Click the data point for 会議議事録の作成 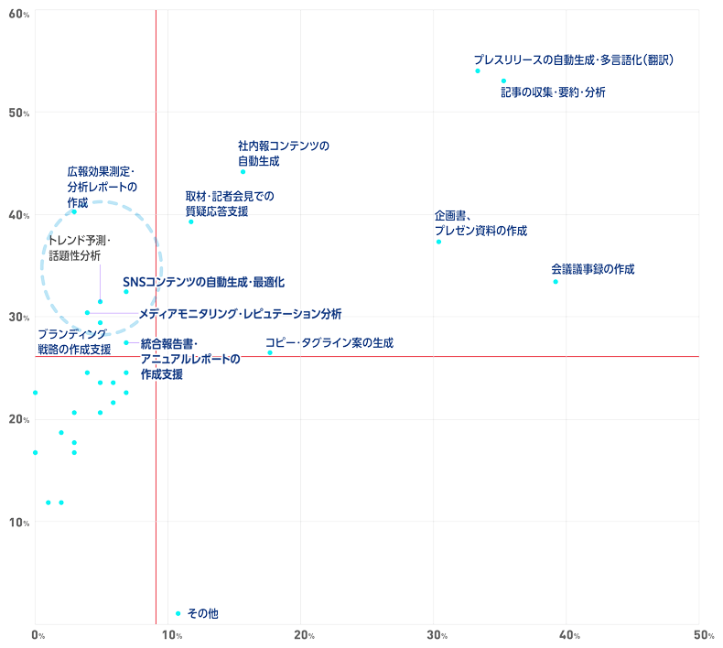coord(556,282)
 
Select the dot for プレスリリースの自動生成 coord(478,70)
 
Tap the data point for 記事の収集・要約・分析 coord(504,81)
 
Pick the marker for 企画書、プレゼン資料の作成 coord(439,242)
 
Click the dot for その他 coord(178,613)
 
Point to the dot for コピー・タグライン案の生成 coord(270,352)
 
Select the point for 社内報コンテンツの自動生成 coord(243,172)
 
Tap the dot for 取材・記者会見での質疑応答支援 coord(191,221)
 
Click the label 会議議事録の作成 coord(592,269)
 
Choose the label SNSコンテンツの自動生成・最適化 coord(204,282)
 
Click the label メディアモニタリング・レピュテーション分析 coord(240,314)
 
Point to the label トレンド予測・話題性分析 coord(78,248)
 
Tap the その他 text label coord(202,614)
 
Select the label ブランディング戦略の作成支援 coord(74,341)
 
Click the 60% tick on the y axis coord(16,12)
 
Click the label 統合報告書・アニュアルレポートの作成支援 coord(189,359)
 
